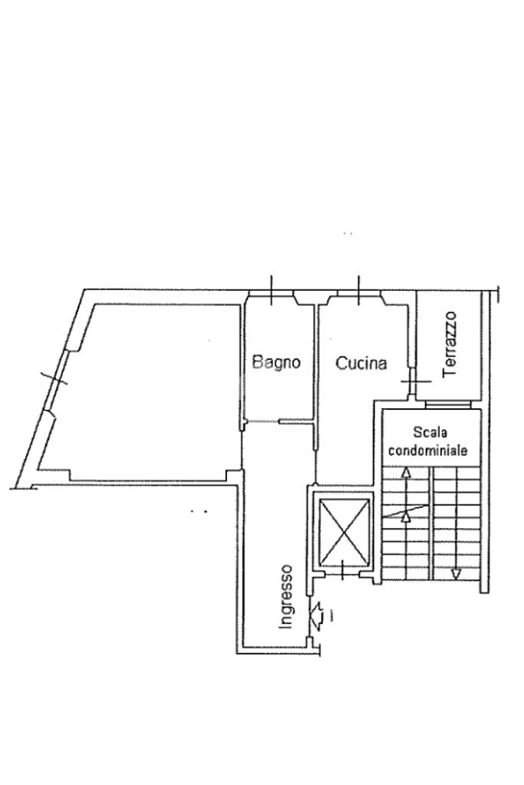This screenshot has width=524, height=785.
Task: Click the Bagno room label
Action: point(276,362)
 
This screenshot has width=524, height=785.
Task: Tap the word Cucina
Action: point(361,363)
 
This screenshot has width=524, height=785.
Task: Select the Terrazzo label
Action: point(450,343)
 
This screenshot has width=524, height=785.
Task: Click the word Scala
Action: point(429,433)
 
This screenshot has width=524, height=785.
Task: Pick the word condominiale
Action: point(427,450)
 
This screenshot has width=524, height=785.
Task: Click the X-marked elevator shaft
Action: point(343,531)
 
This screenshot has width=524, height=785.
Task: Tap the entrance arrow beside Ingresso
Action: point(315,614)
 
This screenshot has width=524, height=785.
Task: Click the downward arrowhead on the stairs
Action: point(456,573)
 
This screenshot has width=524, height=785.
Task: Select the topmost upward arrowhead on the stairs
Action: point(406,473)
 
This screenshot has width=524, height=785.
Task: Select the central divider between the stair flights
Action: point(430,522)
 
